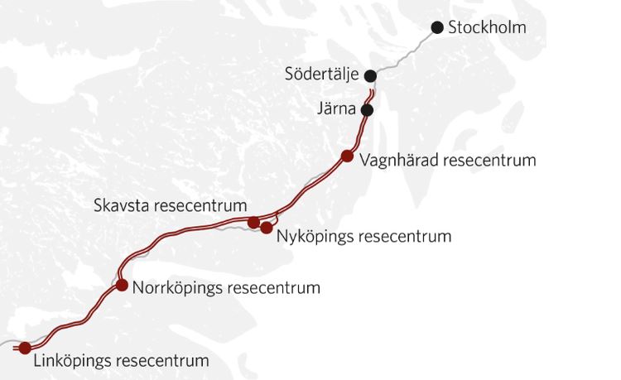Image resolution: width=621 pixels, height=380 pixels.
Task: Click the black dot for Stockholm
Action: [437, 27]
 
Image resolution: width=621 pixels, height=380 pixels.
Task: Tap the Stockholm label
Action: [486, 27]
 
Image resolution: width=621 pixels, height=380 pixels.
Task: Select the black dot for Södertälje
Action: [370, 76]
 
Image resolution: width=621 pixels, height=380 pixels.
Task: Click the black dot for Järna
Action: [368, 109]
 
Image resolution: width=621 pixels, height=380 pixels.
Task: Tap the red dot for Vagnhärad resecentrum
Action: [348, 156]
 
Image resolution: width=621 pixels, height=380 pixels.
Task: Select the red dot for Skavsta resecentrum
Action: [254, 221]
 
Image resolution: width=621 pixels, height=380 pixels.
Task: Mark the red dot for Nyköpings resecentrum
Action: [267, 226]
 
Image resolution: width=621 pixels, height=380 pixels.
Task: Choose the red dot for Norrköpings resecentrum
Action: [123, 286]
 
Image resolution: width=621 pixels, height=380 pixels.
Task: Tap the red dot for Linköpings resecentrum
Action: [25, 348]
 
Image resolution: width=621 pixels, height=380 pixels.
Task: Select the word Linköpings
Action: [74, 362]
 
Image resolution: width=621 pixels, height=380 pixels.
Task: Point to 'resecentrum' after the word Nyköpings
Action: [406, 237]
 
